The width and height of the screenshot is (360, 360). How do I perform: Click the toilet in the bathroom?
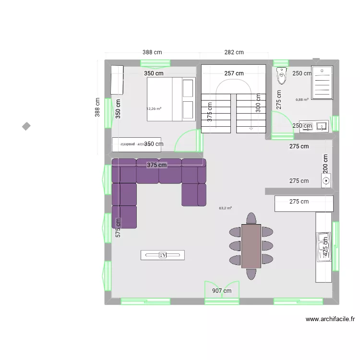pos(280,77)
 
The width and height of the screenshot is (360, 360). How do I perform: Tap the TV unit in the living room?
pos(163,255)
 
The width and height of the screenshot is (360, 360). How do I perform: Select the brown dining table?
pos(251,246)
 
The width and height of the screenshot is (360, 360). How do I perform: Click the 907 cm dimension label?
pos(221,290)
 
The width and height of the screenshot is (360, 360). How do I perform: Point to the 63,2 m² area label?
pos(225,208)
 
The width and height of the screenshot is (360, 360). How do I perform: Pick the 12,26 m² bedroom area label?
pos(154,108)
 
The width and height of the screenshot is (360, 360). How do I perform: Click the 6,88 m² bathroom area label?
pos(302,99)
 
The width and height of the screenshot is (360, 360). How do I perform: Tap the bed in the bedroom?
pos(170,100)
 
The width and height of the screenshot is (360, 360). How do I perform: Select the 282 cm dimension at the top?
pos(234,52)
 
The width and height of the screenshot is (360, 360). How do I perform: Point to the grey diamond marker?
pos(26,126)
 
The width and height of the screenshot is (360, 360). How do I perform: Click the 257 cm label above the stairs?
pos(234,73)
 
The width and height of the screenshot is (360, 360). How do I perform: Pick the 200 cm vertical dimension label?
pos(326,164)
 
